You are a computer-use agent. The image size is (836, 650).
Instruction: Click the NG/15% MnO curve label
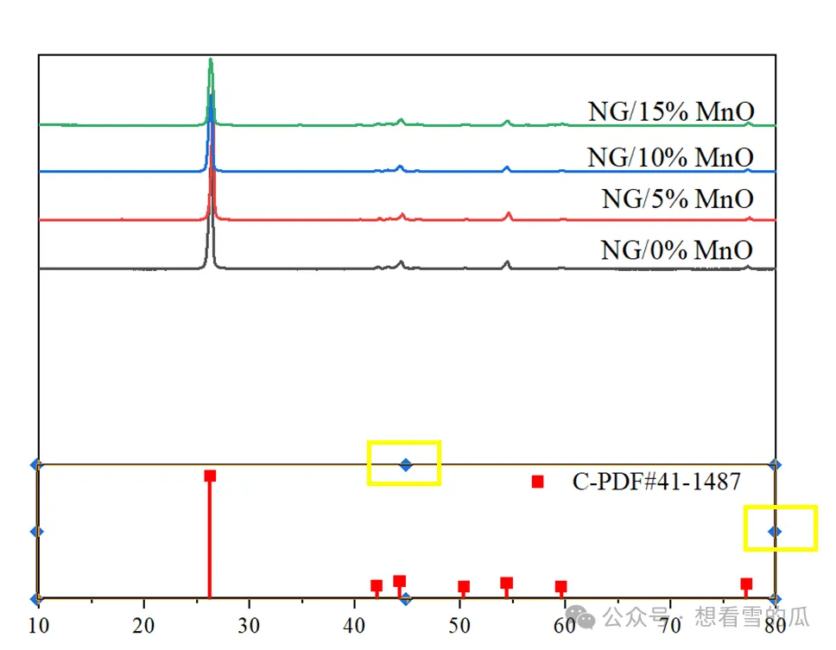pos(671,112)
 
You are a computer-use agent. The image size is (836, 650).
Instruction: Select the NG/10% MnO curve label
pos(671,158)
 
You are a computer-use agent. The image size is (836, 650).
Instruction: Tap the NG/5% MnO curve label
pos(678,199)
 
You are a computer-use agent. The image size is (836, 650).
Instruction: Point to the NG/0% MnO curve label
pos(676,249)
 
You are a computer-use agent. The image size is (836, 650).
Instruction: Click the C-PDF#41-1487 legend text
pos(656,482)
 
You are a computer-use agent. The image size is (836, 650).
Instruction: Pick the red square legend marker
pos(537,483)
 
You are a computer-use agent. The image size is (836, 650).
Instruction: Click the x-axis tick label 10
pos(38,626)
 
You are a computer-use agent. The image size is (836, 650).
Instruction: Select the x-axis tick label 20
pos(143,626)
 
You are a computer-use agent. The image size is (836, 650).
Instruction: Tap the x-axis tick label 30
pos(249,626)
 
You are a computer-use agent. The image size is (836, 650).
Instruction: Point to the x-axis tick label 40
pos(354,626)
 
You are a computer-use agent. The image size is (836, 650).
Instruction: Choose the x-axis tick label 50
pos(459,626)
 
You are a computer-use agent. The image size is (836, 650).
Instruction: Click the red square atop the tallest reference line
pos(210,476)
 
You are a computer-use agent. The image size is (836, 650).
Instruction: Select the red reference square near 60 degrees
pos(560,587)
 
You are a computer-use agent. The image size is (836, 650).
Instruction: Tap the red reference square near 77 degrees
pos(746,584)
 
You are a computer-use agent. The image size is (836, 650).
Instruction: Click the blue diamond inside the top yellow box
pos(406,465)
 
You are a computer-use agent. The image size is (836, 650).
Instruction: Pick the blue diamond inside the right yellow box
pos(775,532)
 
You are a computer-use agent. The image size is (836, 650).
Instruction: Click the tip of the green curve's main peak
pos(211,59)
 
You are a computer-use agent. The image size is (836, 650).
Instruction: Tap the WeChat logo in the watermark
pos(581,617)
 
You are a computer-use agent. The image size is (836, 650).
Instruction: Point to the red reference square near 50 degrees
pos(464,587)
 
